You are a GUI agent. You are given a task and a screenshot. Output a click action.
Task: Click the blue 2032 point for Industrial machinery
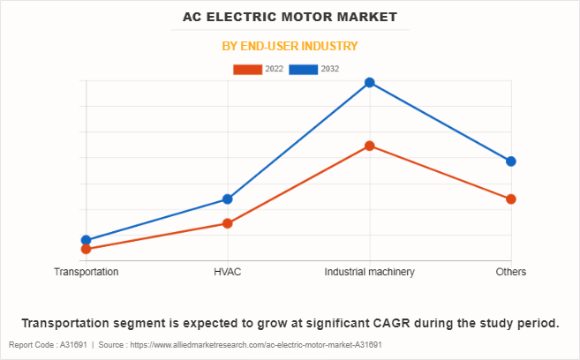370,83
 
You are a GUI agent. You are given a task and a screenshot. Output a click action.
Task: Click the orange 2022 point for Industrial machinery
370,146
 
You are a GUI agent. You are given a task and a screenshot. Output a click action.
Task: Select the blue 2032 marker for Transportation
87,240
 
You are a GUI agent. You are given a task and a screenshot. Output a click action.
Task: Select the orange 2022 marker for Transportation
87,250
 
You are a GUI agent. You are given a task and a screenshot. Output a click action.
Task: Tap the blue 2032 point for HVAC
228,199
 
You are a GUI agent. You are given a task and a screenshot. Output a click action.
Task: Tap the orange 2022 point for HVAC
228,223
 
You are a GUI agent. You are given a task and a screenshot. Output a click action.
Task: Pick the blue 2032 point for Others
511,161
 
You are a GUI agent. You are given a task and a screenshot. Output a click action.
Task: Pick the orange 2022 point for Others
511,199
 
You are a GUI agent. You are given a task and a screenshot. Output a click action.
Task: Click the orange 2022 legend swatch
248,69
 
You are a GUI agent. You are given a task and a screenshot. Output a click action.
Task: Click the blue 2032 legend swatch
303,69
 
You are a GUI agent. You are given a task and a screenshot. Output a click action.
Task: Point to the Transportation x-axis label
87,272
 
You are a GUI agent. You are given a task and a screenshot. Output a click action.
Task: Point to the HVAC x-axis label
228,272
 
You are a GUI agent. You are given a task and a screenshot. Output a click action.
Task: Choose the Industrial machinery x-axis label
370,272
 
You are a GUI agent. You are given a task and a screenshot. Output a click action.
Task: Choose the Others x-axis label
511,272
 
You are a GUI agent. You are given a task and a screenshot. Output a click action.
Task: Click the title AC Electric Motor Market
290,17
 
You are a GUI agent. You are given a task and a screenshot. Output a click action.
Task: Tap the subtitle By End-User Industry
290,46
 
